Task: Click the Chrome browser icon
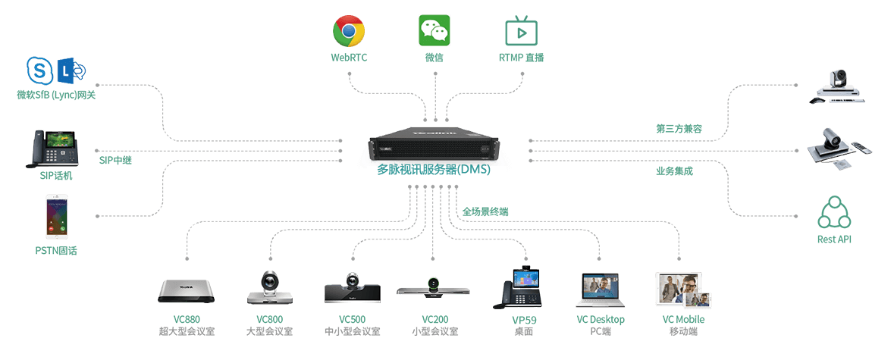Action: (349, 31)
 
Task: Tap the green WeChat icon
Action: (434, 31)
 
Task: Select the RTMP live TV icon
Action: (521, 31)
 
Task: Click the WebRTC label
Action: (349, 58)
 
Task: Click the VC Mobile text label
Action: (683, 320)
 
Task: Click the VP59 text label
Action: (524, 320)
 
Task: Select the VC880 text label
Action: (187, 319)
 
